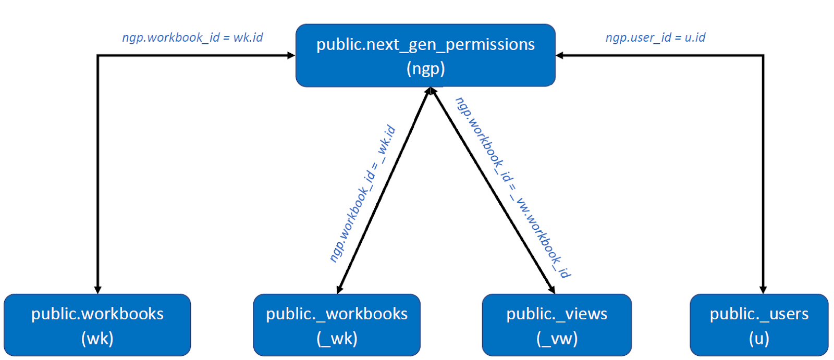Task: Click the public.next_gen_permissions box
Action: click(x=425, y=55)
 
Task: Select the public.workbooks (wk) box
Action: click(x=97, y=325)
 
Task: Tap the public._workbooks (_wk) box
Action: click(x=337, y=325)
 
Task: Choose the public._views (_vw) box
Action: click(x=557, y=325)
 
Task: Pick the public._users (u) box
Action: click(x=759, y=325)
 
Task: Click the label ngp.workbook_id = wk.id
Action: click(x=192, y=38)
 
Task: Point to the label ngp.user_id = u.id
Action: click(x=655, y=38)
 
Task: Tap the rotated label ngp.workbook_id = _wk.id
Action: click(x=363, y=194)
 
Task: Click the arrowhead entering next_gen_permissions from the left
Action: click(x=291, y=55)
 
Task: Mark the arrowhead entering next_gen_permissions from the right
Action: click(x=560, y=55)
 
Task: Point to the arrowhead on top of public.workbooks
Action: click(x=97, y=290)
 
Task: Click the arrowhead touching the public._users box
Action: click(x=763, y=290)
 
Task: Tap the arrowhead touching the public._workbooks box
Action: click(x=339, y=289)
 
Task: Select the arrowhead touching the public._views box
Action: click(x=552, y=289)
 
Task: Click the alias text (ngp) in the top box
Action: click(x=425, y=69)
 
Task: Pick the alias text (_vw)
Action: click(x=557, y=339)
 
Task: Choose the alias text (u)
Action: click(x=759, y=339)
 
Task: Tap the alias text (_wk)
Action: click(x=337, y=339)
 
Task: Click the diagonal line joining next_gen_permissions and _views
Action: click(x=493, y=190)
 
